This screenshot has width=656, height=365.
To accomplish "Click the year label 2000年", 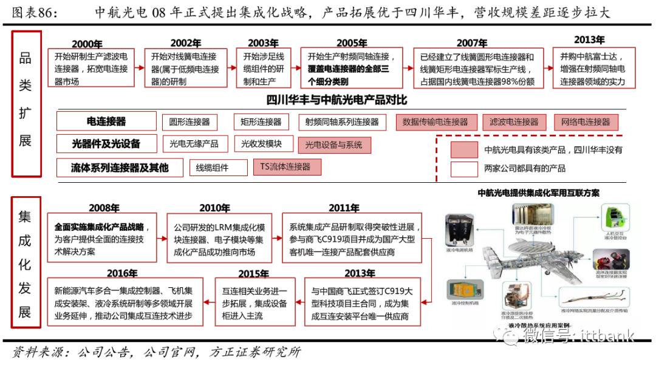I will [x=87, y=44].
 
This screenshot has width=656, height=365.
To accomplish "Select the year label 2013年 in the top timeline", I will [x=589, y=39].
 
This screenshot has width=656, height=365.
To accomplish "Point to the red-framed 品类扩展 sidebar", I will [x=26, y=104].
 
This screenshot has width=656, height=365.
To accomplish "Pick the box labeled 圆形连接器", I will [x=190, y=122].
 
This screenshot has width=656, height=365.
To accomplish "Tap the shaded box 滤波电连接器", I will [x=514, y=122].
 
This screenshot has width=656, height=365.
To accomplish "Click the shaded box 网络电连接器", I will [x=586, y=122].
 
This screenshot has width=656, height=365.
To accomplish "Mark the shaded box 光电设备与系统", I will [x=333, y=145].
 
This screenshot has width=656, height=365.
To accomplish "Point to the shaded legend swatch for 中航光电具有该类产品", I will [x=463, y=149].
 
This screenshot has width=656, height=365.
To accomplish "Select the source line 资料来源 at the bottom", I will [x=157, y=352].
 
